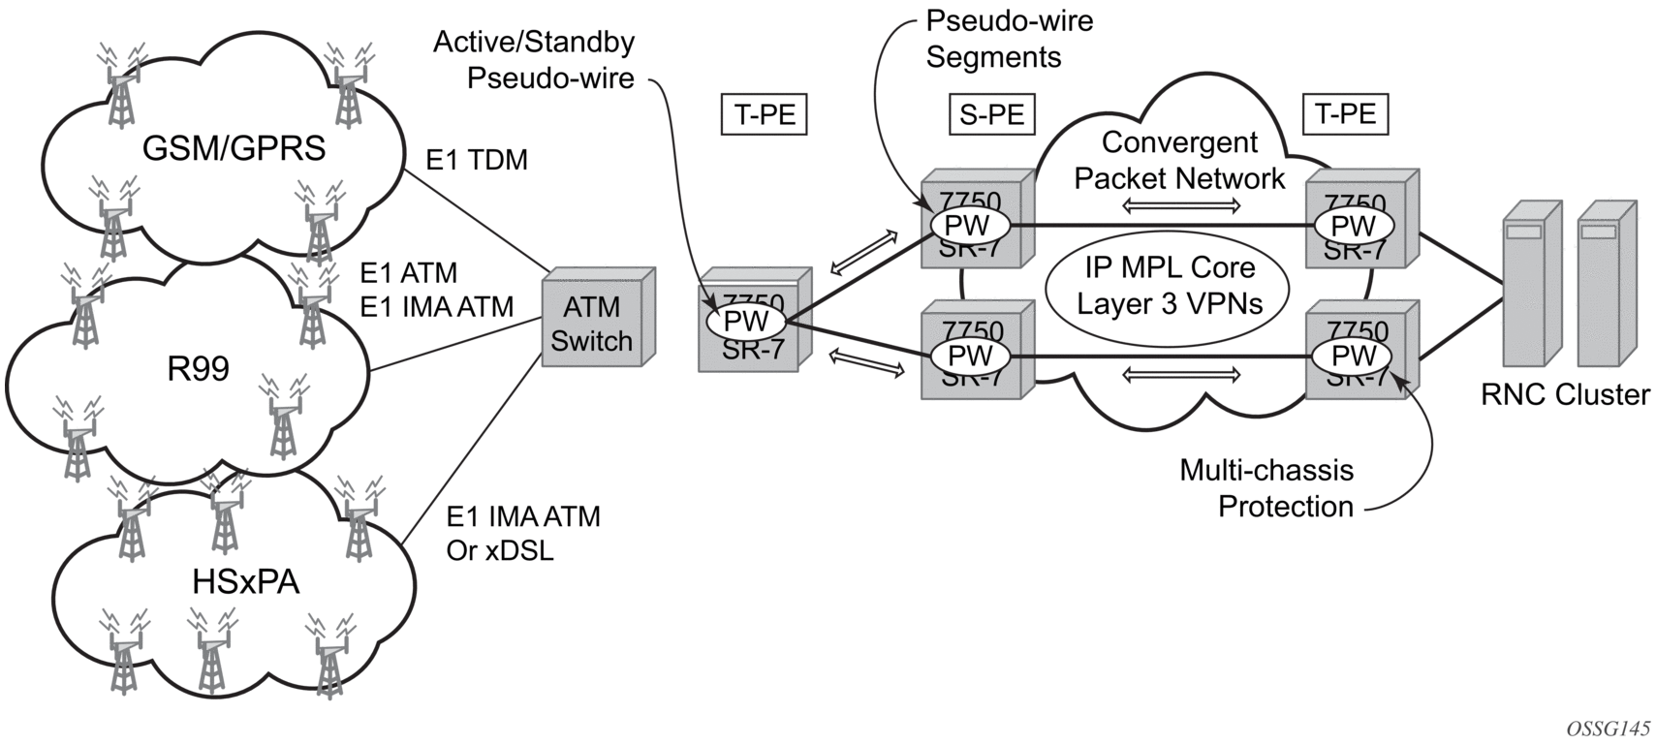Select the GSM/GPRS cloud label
click(234, 148)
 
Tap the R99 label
click(198, 369)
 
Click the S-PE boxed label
click(991, 114)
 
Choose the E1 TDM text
click(477, 160)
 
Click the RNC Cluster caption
click(1565, 394)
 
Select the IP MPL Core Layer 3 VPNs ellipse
click(1170, 286)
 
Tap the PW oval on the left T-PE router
click(745, 321)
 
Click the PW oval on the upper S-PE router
click(967, 226)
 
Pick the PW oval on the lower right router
click(1353, 356)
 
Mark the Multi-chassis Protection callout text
click(1266, 488)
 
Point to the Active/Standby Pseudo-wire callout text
click(534, 60)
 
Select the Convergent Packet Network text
click(1179, 160)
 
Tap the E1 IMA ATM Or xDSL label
click(523, 533)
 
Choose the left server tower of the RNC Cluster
click(1530, 284)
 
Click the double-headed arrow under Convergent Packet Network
click(1181, 205)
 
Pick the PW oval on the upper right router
click(1353, 226)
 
